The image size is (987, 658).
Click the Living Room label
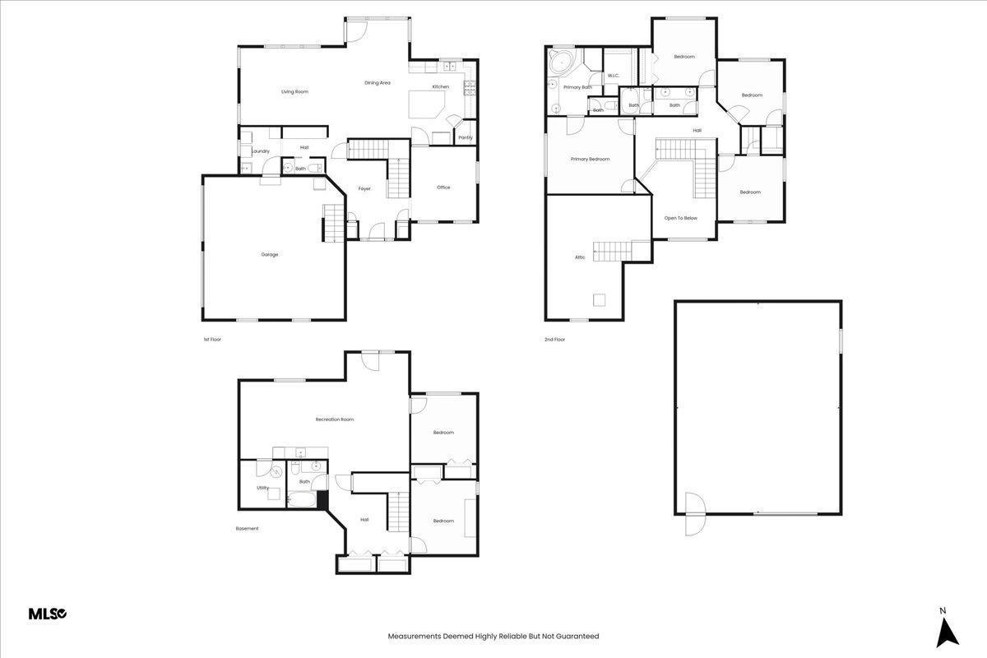tap(294, 91)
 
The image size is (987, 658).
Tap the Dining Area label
tap(378, 83)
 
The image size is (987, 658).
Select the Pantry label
tap(466, 137)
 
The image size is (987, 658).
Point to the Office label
tap(443, 188)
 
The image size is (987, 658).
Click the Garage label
tap(270, 255)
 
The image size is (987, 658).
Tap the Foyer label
tap(364, 189)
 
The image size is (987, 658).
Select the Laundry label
tap(261, 151)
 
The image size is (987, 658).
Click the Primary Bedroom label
tap(591, 159)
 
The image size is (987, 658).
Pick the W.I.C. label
tap(614, 76)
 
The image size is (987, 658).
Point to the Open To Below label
tap(681, 218)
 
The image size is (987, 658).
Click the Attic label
tap(580, 257)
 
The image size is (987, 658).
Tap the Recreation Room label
tap(335, 419)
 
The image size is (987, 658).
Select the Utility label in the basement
tap(262, 488)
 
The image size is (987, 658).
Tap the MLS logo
tap(48, 614)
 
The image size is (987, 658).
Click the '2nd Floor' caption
tap(554, 340)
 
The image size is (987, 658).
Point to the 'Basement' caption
tap(247, 529)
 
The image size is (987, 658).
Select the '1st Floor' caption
tap(212, 340)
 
